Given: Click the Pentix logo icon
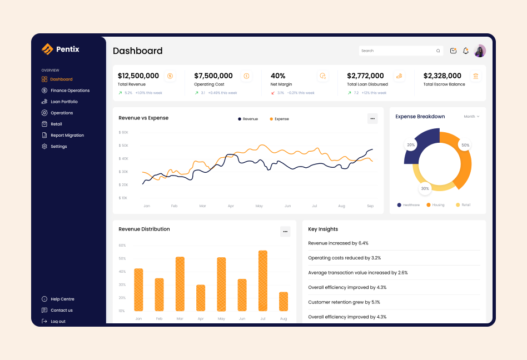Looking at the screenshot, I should (x=47, y=49).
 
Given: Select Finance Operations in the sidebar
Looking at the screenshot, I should (x=69, y=91).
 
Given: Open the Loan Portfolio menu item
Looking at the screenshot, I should (x=64, y=102).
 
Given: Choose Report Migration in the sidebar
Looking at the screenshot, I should (x=67, y=136).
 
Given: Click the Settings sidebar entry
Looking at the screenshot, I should (x=58, y=147).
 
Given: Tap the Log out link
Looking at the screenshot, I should (x=58, y=322).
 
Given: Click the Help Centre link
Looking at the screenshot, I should (x=62, y=299).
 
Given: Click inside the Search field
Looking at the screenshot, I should (x=397, y=51).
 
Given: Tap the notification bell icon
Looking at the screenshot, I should (x=466, y=51).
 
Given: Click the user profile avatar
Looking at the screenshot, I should (x=480, y=51).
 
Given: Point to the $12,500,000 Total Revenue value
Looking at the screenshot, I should (x=138, y=76).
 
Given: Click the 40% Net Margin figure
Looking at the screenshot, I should (x=278, y=76).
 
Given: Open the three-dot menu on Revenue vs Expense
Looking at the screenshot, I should (x=372, y=118).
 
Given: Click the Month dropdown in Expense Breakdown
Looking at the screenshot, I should (x=471, y=117).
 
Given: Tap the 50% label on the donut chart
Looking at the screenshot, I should (x=465, y=145).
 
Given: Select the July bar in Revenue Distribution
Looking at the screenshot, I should (x=263, y=281).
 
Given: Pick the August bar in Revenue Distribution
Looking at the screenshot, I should (x=284, y=302).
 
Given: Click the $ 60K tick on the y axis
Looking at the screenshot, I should (x=123, y=133).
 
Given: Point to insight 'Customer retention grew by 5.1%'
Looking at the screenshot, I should (x=344, y=302).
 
